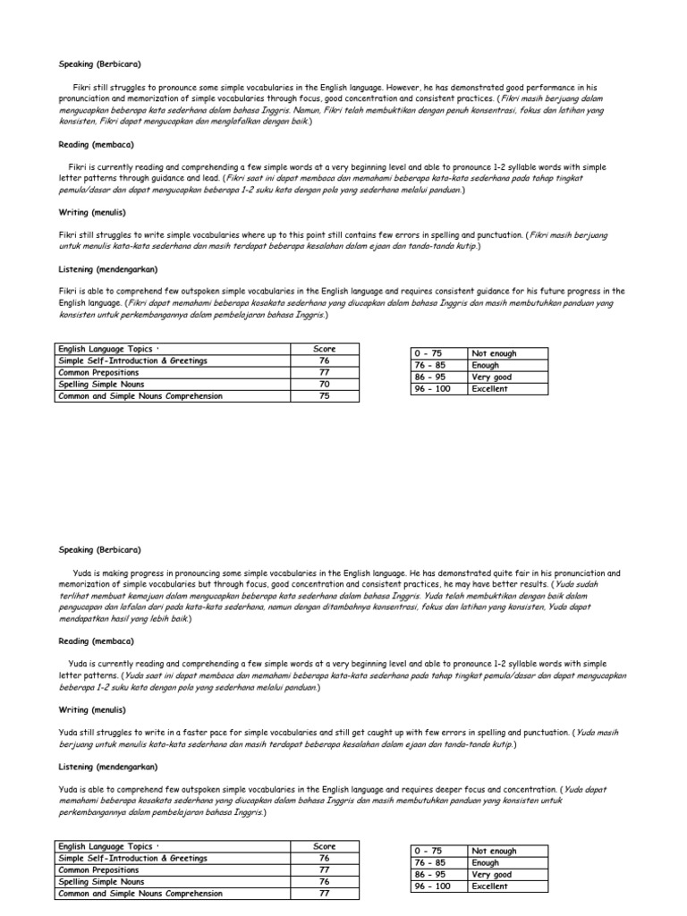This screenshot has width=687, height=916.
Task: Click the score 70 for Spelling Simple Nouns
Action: (323, 384)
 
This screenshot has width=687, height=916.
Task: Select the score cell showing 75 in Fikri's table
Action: (323, 395)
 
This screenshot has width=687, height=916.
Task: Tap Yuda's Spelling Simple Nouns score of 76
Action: (323, 881)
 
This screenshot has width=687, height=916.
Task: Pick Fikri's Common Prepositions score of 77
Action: (323, 372)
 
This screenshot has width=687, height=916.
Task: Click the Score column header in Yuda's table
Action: (323, 846)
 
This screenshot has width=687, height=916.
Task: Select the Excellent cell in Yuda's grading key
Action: (489, 886)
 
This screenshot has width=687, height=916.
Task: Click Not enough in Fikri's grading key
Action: (494, 353)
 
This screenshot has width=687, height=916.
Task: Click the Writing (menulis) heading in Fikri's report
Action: (92, 213)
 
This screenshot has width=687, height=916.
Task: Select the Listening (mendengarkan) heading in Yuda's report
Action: (107, 767)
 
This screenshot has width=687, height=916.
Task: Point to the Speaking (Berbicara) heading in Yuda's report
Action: (100, 549)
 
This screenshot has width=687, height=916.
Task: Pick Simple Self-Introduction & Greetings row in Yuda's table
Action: (132, 858)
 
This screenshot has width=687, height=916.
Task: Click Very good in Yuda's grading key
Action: (493, 875)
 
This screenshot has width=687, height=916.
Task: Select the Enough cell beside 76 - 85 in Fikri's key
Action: (486, 365)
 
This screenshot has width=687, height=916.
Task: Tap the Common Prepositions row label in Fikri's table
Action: (98, 372)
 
